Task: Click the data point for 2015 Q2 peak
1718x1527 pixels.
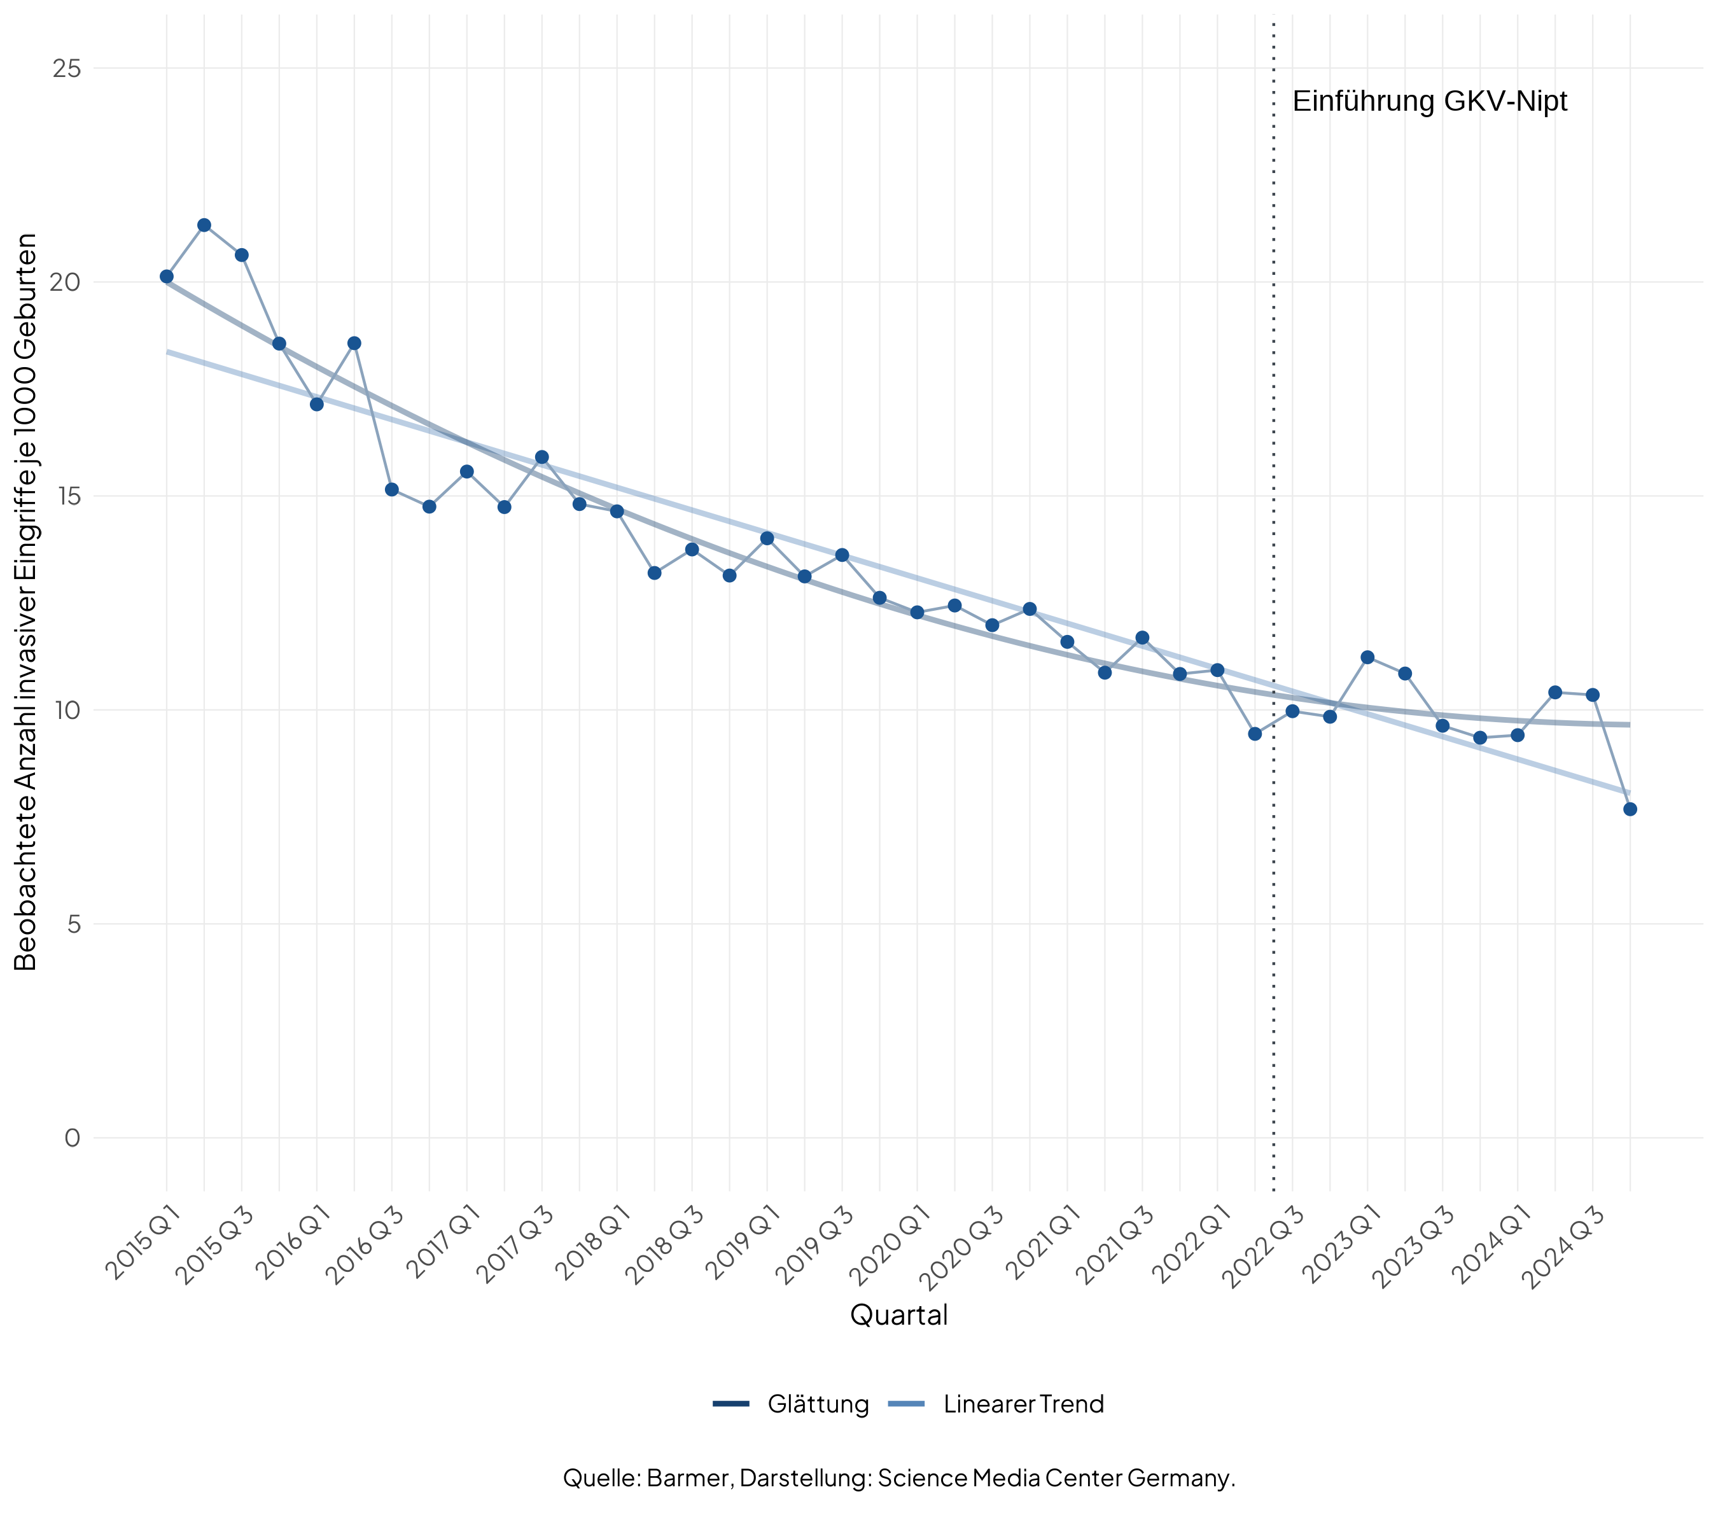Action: (x=204, y=225)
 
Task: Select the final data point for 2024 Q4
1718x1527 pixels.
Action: (x=1630, y=809)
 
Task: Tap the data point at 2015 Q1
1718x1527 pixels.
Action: (x=167, y=277)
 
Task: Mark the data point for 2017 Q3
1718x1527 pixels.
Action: (x=542, y=457)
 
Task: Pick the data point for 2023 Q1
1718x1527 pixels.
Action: (x=1367, y=657)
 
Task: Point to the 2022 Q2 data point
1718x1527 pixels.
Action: (x=1255, y=734)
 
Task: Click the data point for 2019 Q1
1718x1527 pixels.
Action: (x=767, y=538)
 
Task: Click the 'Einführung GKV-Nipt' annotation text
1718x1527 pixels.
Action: (x=1430, y=102)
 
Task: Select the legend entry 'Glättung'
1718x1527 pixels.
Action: (x=818, y=1404)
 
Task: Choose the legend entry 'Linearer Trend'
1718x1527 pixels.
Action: (x=1023, y=1404)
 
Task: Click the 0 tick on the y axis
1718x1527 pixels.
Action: (x=73, y=1138)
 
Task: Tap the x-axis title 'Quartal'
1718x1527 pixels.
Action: (x=898, y=1315)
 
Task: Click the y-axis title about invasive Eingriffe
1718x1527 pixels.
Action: (x=26, y=602)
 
